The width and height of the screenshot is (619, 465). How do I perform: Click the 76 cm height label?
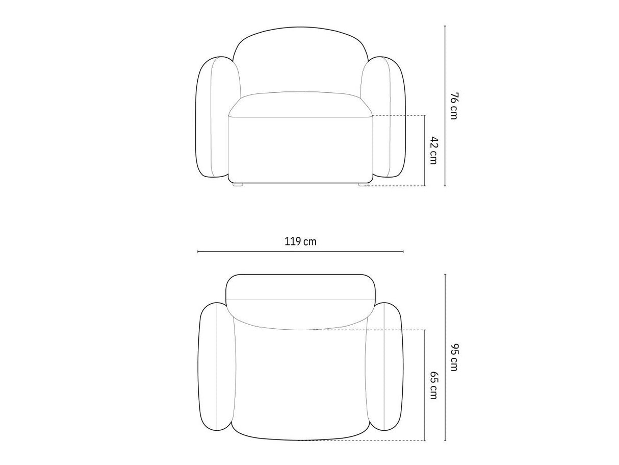tap(453, 106)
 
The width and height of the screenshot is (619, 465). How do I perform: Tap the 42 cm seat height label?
tap(434, 150)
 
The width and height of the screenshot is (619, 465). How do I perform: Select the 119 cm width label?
tap(300, 241)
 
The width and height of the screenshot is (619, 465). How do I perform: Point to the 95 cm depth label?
tap(453, 357)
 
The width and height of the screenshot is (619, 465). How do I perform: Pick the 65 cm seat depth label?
tap(434, 385)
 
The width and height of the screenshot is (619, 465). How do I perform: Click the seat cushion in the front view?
tap(301, 104)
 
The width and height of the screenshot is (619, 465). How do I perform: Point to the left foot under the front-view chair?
tap(238, 184)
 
